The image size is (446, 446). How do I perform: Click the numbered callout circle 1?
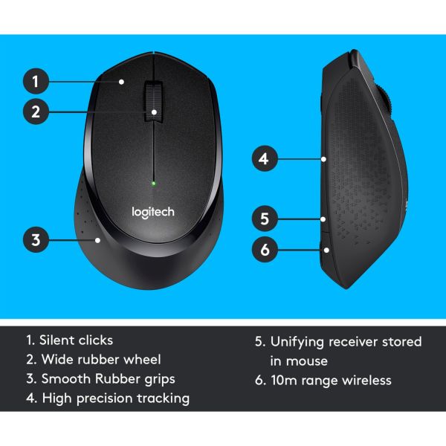pos(36,81)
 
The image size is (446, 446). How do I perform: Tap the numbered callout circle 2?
pos(36,113)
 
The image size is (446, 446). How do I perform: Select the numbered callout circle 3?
pos(36,240)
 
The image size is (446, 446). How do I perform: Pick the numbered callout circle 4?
pos(264,158)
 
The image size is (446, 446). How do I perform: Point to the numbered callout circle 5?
pos(264,219)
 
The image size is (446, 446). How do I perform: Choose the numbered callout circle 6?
pos(264,250)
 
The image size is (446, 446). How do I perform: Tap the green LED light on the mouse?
pos(153,183)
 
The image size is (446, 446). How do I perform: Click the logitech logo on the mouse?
pos(153,213)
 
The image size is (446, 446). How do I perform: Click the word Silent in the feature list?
pos(59,340)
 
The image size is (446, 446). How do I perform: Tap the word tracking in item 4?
pos(164,398)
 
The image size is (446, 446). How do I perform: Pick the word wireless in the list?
pos(363,381)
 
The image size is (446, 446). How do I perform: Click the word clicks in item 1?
pos(97,340)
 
